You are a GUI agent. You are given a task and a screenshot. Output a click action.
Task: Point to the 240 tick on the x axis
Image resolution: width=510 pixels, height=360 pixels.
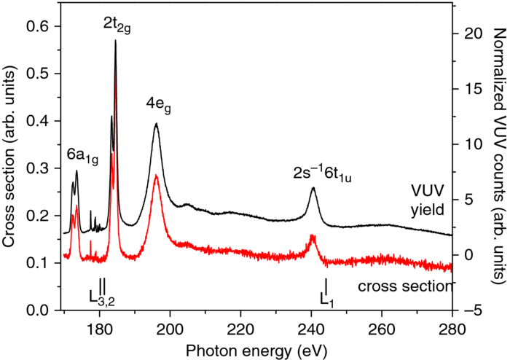311,327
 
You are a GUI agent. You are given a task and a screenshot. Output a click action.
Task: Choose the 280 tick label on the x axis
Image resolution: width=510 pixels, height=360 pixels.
452,327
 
